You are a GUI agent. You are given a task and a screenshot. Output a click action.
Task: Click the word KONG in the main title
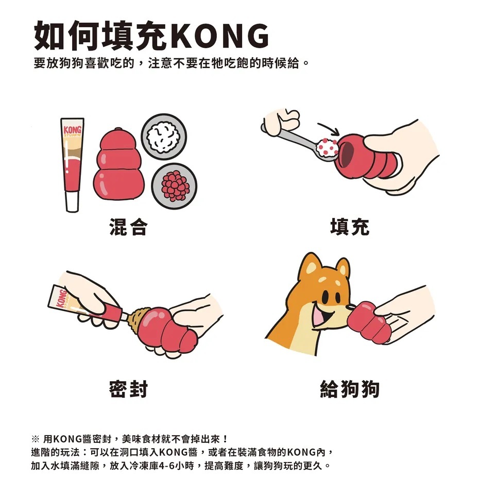coord(221,36)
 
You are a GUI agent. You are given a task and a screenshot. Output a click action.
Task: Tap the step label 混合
coord(128,227)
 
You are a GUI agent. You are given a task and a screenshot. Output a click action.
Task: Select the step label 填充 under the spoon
coord(350,227)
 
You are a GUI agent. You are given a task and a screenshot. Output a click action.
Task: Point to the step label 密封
coord(128,389)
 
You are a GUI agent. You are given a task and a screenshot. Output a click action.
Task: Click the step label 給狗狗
coord(350,389)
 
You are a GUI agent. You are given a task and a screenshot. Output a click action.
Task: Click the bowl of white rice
coord(164,136)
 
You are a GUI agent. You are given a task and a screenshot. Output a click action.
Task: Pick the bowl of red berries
coord(174,186)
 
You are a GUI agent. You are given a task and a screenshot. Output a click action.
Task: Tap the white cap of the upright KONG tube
coord(72,201)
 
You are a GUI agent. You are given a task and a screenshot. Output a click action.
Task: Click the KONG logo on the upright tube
coord(73,130)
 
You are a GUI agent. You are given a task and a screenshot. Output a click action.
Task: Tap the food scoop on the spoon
coord(327,147)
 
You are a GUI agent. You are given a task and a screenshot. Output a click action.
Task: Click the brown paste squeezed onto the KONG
coord(139,319)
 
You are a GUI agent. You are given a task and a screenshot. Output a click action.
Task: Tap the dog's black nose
coord(350,306)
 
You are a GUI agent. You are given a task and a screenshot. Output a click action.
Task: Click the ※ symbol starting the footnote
coord(35,439)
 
